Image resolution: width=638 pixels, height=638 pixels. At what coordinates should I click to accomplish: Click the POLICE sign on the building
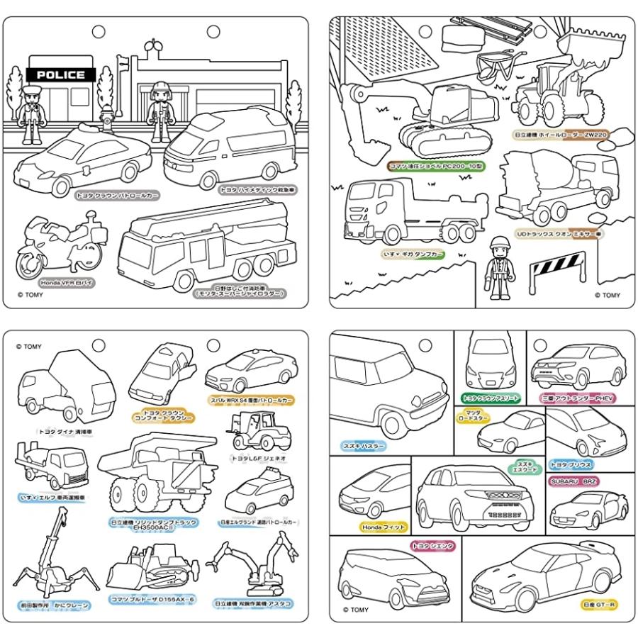(x=60, y=74)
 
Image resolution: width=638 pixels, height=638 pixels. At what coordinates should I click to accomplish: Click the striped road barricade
(x=557, y=273)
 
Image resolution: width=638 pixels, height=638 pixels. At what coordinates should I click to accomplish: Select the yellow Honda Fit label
(x=364, y=527)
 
